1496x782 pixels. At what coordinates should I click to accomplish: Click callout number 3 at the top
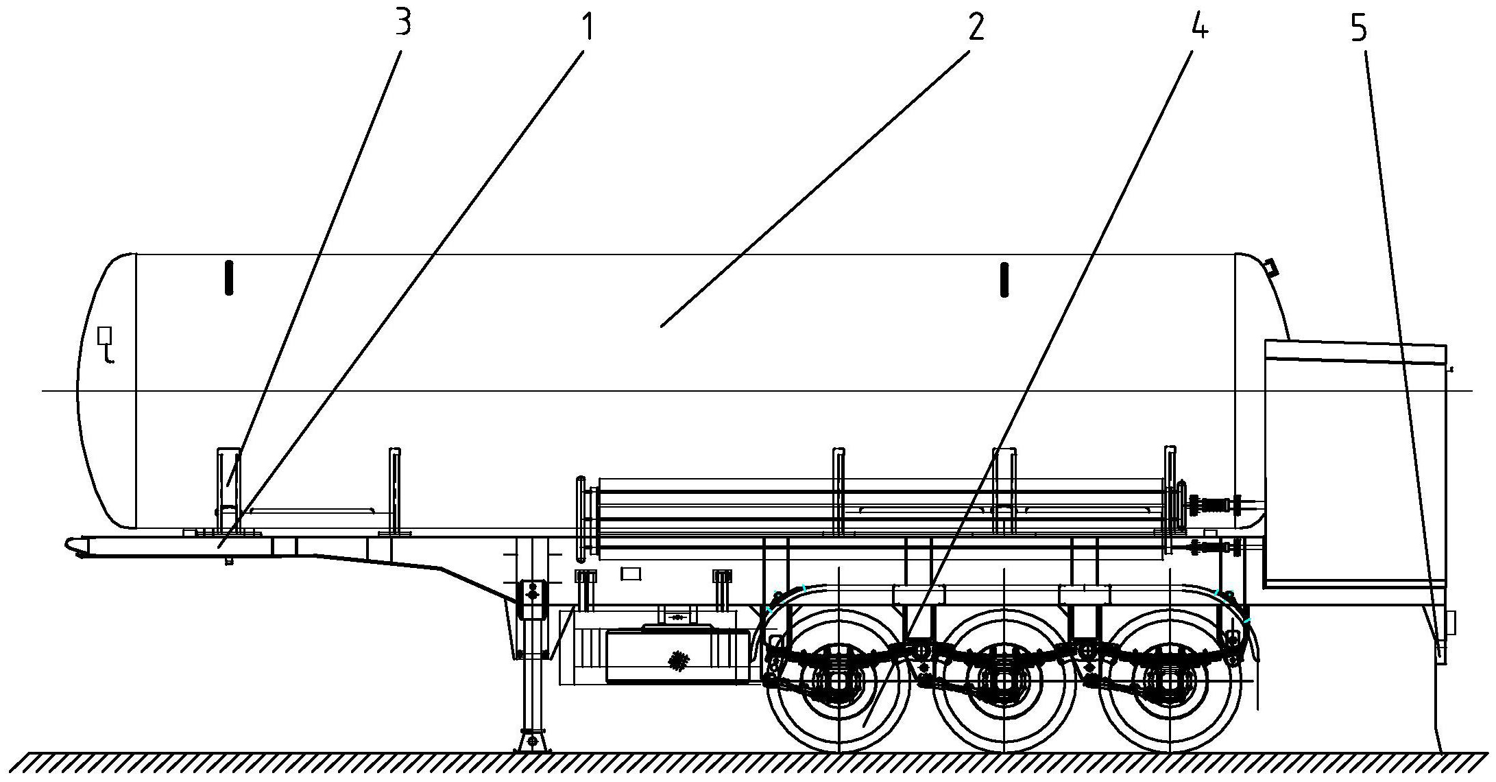pos(403,23)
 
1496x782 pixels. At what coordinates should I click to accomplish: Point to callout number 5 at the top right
pos(1358,28)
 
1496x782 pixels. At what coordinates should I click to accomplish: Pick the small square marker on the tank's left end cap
pos(104,335)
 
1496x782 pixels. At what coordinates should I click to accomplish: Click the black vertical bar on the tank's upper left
pos(229,278)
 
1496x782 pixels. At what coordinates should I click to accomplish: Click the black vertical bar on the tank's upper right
pos(1004,279)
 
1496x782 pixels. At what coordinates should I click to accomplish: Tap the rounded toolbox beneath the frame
pos(677,656)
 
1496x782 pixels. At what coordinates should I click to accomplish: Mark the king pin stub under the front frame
pos(229,561)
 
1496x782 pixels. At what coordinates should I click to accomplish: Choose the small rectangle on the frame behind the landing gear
pos(631,573)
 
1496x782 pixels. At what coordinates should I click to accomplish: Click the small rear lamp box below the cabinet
pos(1451,624)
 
